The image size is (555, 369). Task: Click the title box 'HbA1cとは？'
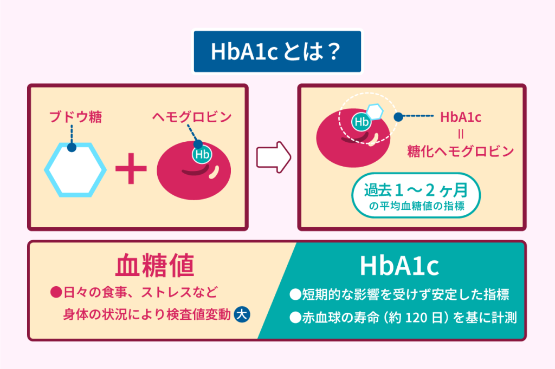click(x=277, y=51)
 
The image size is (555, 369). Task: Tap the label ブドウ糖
click(x=76, y=117)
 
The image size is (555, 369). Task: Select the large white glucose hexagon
click(x=75, y=170)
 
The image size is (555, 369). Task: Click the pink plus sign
click(x=131, y=169)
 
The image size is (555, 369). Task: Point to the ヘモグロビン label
click(x=192, y=117)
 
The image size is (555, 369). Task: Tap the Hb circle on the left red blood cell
click(x=202, y=154)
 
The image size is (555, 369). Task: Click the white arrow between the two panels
click(x=274, y=157)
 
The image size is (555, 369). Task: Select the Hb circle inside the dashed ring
click(x=362, y=122)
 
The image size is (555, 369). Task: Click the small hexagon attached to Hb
click(x=375, y=111)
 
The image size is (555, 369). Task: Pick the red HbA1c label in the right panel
click(x=461, y=117)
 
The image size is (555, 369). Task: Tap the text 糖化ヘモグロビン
click(x=461, y=151)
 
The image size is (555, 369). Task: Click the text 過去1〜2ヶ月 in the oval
click(x=416, y=190)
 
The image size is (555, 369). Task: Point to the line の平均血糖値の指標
click(x=417, y=206)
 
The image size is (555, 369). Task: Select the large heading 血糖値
click(x=154, y=265)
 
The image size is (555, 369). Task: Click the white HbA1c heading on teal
click(x=399, y=266)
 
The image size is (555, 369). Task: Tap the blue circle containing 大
click(x=242, y=314)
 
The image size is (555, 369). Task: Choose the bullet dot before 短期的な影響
click(x=295, y=294)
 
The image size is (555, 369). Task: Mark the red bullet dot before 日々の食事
click(x=56, y=292)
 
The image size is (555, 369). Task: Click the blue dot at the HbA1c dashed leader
click(x=398, y=117)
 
